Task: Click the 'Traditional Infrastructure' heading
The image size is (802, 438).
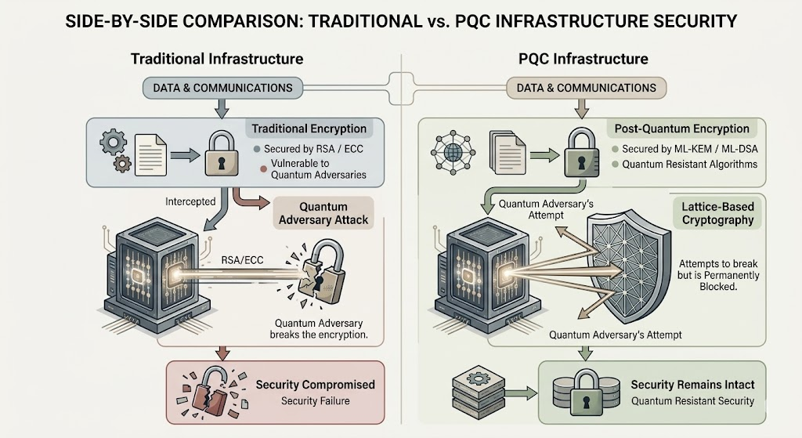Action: [217, 59]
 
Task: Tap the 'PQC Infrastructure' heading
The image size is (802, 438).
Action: [583, 59]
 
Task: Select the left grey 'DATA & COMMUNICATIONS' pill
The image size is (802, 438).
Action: [222, 88]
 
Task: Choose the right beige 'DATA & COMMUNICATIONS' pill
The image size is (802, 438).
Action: [586, 88]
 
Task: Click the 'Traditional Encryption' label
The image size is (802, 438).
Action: [309, 129]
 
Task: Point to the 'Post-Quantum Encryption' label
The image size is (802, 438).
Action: [682, 129]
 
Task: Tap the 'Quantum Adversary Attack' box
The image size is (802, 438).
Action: [323, 213]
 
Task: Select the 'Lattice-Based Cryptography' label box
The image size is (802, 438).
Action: [717, 213]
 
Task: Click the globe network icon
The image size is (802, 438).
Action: [453, 152]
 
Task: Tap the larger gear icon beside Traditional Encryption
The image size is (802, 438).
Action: [113, 141]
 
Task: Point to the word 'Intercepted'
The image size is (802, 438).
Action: [190, 201]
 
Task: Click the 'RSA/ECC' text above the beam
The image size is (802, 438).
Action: [243, 260]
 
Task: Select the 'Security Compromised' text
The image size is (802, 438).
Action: [316, 384]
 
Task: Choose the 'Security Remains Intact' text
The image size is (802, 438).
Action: [692, 384]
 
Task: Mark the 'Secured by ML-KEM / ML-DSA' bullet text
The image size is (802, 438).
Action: [689, 149]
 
